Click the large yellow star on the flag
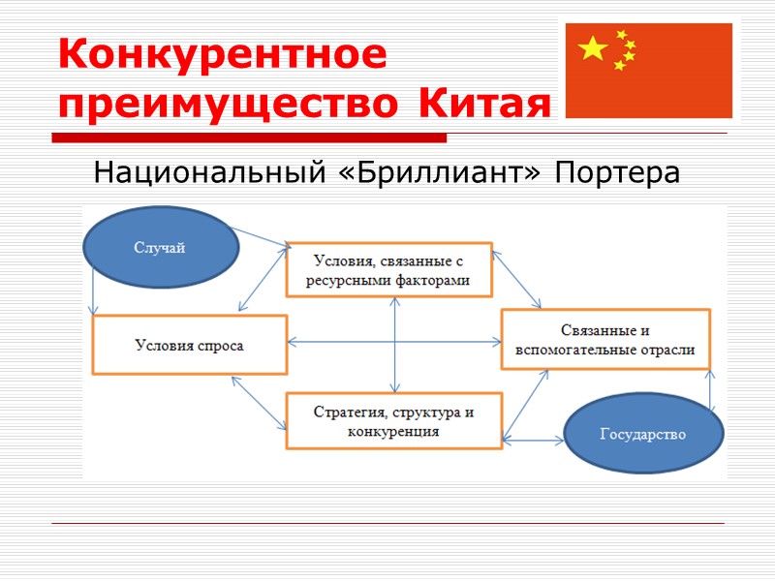click(x=593, y=48)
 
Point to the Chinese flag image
click(x=648, y=71)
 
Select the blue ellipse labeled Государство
click(x=642, y=435)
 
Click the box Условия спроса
click(x=190, y=345)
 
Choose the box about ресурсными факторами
click(x=389, y=269)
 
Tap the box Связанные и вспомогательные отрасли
click(x=605, y=339)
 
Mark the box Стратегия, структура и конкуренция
click(x=393, y=421)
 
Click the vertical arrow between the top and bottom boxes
click(x=395, y=344)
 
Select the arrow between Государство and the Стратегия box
click(x=533, y=441)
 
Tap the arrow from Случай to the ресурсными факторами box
click(x=262, y=237)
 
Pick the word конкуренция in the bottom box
click(x=392, y=432)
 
